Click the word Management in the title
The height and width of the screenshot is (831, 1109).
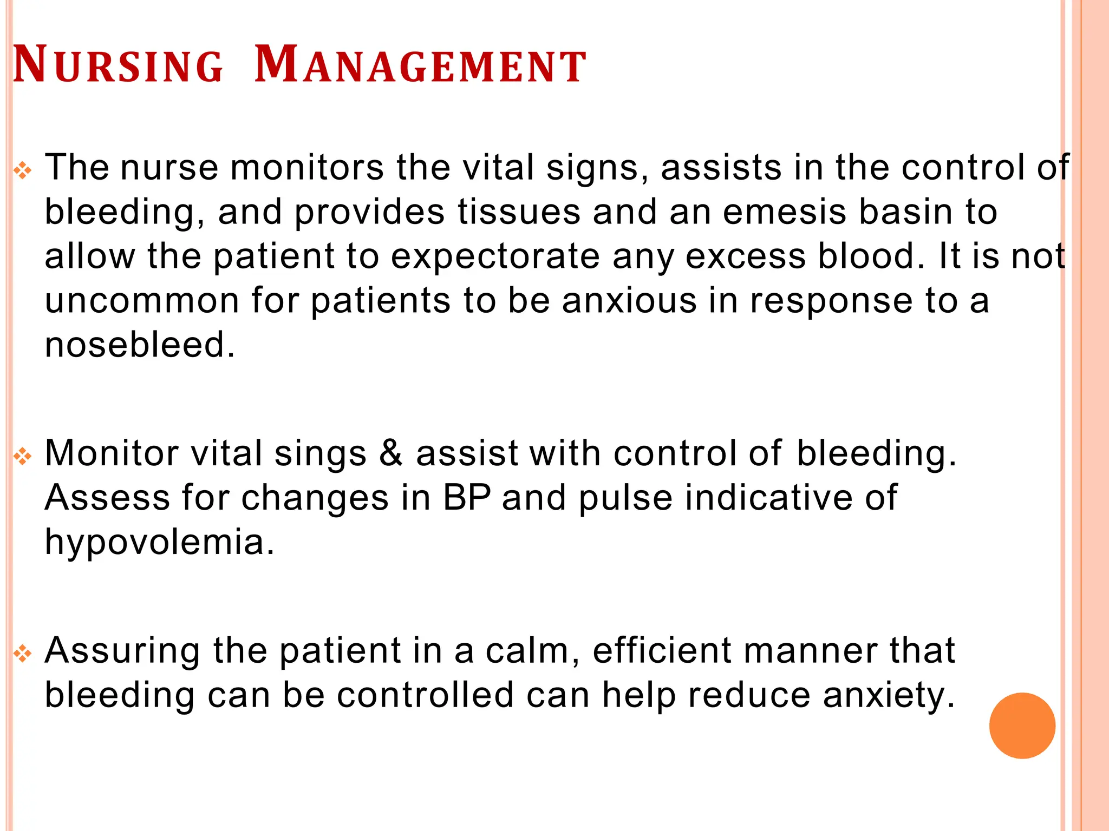(x=420, y=66)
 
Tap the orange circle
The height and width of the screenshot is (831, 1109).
(x=1022, y=726)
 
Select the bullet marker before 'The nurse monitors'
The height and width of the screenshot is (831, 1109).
(x=23, y=172)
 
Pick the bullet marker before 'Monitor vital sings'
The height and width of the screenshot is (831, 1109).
(x=23, y=457)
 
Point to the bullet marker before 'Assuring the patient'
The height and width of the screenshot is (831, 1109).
(x=23, y=654)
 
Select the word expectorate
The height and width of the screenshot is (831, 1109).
(x=495, y=256)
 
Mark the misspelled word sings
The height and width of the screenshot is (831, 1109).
(x=321, y=453)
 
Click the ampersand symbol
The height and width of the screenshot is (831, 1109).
(x=390, y=453)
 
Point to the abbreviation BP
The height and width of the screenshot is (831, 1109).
(x=467, y=498)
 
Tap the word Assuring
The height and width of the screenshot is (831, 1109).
(x=122, y=651)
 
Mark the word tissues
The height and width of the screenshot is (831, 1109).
(x=519, y=212)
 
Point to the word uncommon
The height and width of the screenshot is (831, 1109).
(x=142, y=301)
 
